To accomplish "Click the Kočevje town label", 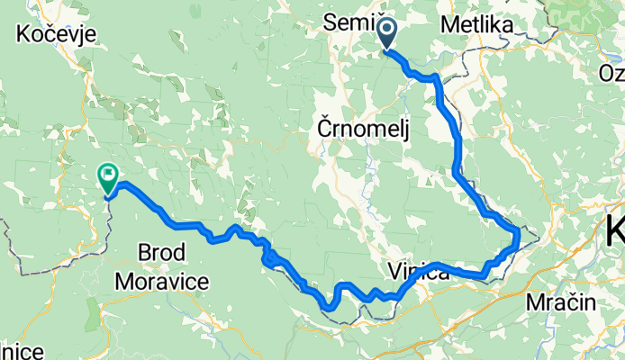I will point(50,34).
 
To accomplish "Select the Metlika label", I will point(477,26).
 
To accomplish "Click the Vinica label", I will point(419,272).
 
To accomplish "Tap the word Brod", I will point(162,252).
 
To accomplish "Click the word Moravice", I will point(162,281).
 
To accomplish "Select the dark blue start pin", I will point(386,33).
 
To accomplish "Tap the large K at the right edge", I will point(616,229).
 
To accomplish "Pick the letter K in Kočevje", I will point(22,34).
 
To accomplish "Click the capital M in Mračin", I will point(535,302).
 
